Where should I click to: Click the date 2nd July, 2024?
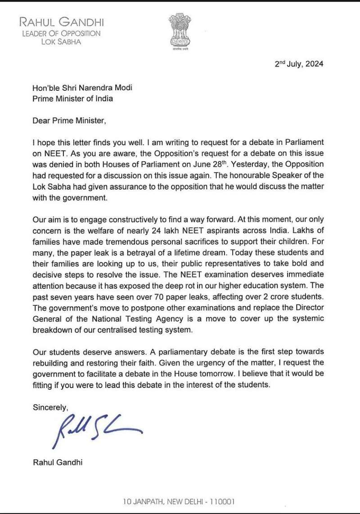pyautogui.click(x=299, y=63)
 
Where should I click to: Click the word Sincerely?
pyautogui.click(x=50, y=407)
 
